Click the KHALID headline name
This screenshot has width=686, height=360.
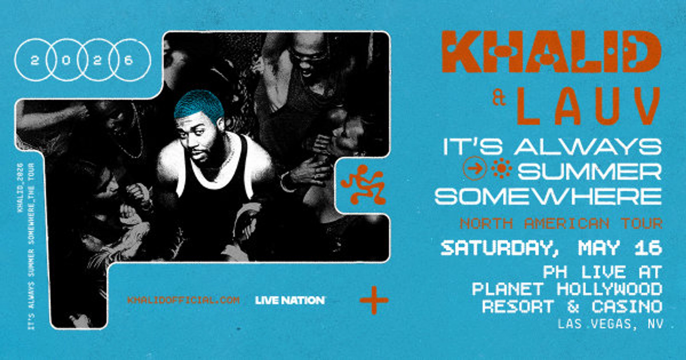pyautogui.click(x=552, y=52)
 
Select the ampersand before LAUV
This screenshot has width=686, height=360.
pyautogui.click(x=499, y=99)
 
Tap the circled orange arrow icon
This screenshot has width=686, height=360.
pyautogui.click(x=475, y=168)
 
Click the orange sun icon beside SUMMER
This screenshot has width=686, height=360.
pyautogui.click(x=502, y=168)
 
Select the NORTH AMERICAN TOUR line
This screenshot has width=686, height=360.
pyautogui.click(x=561, y=223)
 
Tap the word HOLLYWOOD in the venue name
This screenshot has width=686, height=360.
pyautogui.click(x=609, y=289)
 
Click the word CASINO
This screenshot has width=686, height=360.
pyautogui.click(x=627, y=307)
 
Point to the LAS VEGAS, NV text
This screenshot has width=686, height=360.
pyautogui.click(x=610, y=324)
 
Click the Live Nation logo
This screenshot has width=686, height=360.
pyautogui.click(x=290, y=300)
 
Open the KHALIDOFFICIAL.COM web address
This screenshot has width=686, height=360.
pyautogui.click(x=184, y=300)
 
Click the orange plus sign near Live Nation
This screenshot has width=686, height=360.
pyautogui.click(x=374, y=300)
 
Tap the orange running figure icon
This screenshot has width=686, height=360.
pyautogui.click(x=363, y=185)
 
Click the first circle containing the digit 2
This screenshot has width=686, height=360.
pyautogui.click(x=34, y=60)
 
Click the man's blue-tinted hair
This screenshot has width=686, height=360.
pyautogui.click(x=199, y=105)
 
